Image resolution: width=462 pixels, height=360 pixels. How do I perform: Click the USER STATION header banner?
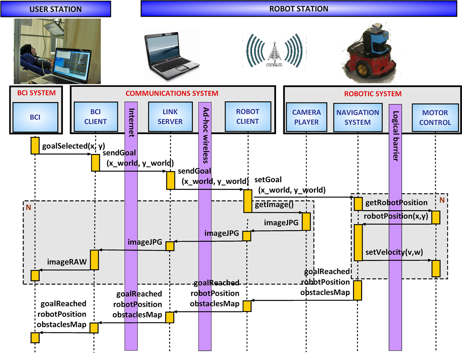(x=56, y=9)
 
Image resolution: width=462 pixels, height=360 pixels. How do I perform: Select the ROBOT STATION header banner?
(x=299, y=9)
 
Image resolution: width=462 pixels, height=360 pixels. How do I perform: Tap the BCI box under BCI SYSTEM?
(x=35, y=117)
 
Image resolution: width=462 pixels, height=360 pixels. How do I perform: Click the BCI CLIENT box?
(x=96, y=117)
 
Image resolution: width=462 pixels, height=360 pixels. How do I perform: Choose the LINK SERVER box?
(x=170, y=117)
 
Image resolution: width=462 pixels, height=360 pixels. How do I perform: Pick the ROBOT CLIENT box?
(x=248, y=117)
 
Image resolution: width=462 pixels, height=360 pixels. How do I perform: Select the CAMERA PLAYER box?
(x=306, y=117)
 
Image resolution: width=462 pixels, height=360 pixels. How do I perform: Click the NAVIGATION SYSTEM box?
(x=358, y=117)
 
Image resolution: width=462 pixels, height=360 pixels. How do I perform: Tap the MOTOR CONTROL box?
(x=435, y=117)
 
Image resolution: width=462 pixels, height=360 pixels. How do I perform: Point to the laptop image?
(x=172, y=55)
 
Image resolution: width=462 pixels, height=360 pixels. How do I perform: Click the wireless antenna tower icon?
(x=274, y=54)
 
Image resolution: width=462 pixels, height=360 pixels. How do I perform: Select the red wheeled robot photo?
(x=371, y=53)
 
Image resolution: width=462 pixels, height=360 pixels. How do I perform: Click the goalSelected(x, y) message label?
(x=74, y=146)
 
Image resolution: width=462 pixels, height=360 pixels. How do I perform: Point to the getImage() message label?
(x=274, y=205)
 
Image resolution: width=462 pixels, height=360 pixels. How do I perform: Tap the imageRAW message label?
(x=67, y=262)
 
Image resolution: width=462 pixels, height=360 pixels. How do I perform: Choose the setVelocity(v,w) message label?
(x=394, y=252)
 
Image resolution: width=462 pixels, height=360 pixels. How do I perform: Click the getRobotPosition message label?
(x=396, y=203)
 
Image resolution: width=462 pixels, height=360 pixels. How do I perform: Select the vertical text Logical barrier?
(x=395, y=136)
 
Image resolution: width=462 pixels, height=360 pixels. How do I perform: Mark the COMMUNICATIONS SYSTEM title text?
(x=172, y=94)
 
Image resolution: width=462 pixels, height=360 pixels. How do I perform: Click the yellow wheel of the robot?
(x=362, y=70)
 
